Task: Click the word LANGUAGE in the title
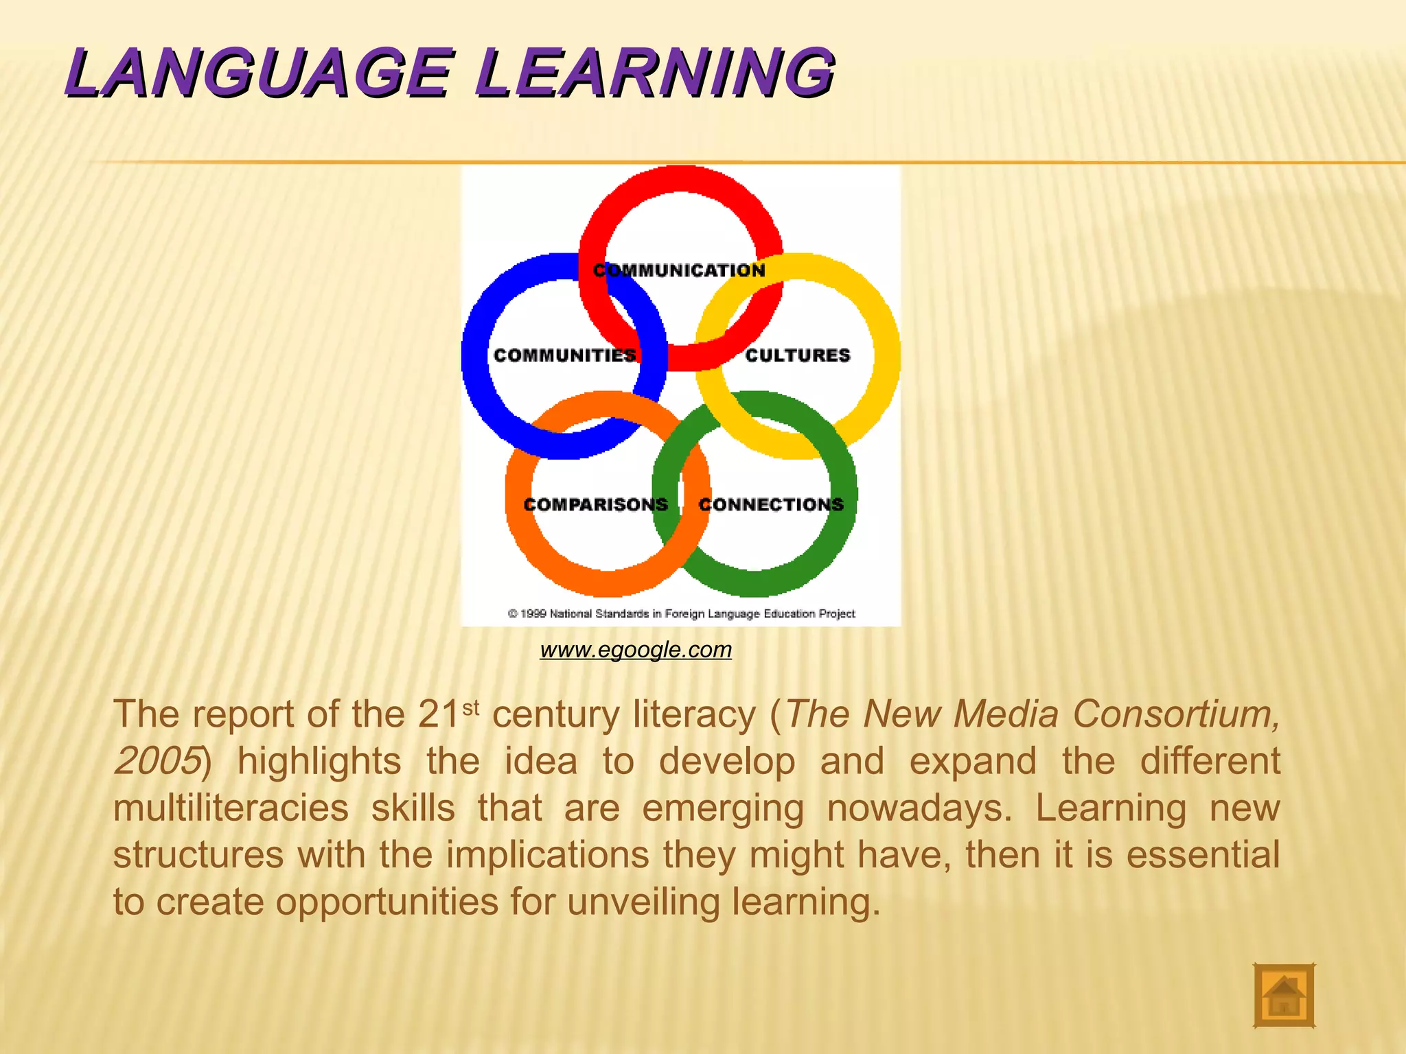click(x=258, y=73)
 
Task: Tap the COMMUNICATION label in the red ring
click(x=679, y=270)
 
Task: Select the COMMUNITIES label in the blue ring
click(x=564, y=355)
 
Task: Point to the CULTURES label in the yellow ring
click(x=798, y=355)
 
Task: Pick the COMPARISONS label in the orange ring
click(x=595, y=505)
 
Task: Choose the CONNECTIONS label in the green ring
click(x=771, y=505)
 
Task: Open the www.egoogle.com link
click(x=636, y=649)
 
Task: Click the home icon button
click(x=1284, y=996)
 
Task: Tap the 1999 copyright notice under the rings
click(x=681, y=613)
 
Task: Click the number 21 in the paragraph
click(x=438, y=715)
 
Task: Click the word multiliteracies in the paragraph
click(x=231, y=808)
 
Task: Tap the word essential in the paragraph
click(x=1203, y=855)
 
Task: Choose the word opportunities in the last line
click(x=387, y=902)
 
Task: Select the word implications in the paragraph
click(x=548, y=855)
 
